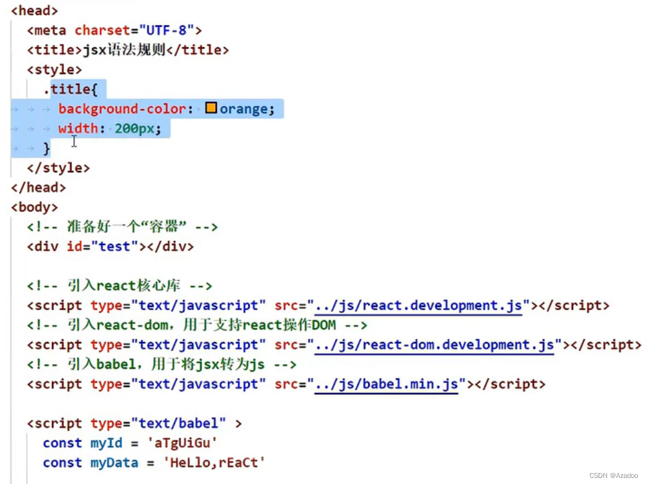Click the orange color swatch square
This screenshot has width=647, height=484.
coord(211,109)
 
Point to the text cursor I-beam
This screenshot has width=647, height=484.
coord(74,141)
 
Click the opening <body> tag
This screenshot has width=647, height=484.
coord(35,207)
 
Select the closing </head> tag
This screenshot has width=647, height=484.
coord(38,187)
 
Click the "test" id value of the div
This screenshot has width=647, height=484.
coord(115,247)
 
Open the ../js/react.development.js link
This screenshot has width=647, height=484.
coord(418,305)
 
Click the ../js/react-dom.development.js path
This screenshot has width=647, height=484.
coord(434,345)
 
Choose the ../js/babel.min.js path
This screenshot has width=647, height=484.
coord(386,385)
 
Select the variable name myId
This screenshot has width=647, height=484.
coord(107,443)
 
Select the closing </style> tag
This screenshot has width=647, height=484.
coord(58,167)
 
